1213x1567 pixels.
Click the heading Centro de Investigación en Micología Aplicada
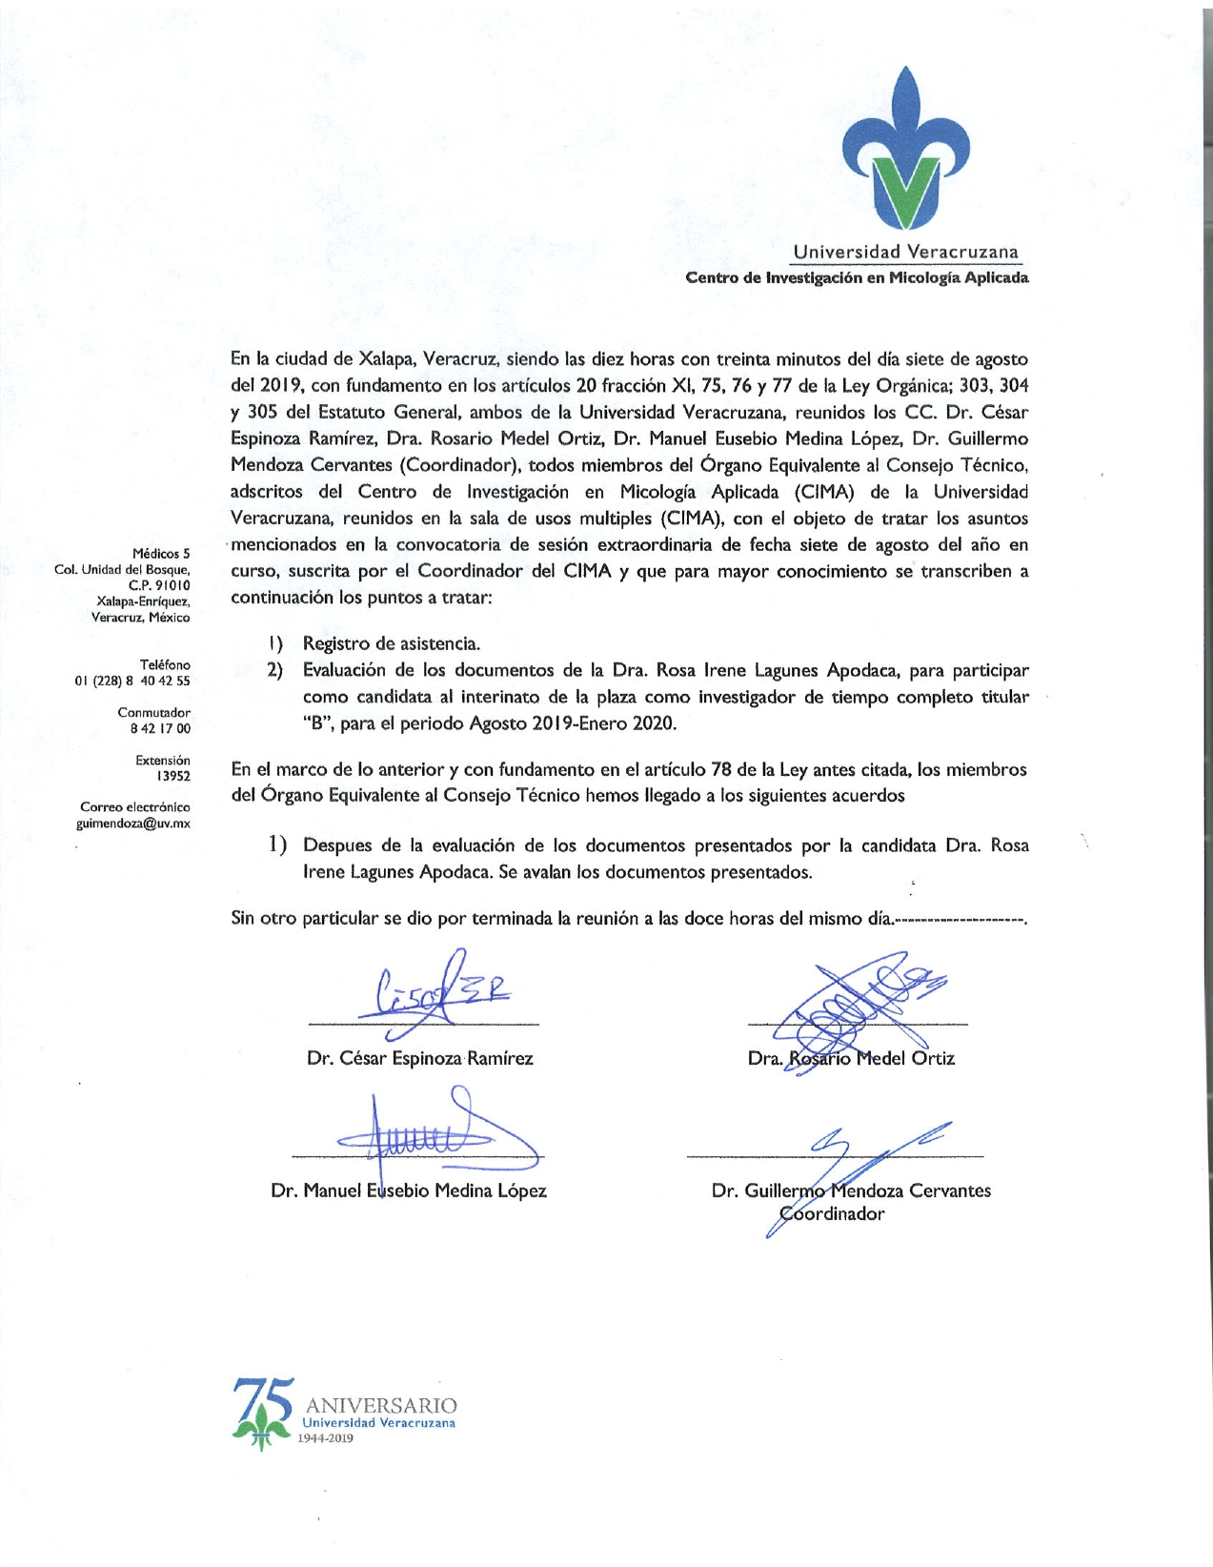[x=857, y=278]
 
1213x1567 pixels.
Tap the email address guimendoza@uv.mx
[x=133, y=824]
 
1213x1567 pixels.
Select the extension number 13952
[x=173, y=776]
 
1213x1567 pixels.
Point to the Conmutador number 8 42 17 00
[x=160, y=728]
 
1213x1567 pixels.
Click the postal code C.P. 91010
[x=159, y=585]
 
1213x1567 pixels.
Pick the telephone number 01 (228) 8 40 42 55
[x=132, y=681]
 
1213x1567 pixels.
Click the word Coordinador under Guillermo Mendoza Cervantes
[x=832, y=1214]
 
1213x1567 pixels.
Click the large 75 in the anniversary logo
[x=263, y=1400]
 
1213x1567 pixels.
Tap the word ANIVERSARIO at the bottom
[x=381, y=1405]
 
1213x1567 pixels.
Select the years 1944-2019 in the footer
[x=327, y=1438]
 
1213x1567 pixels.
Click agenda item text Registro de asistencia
[x=391, y=644]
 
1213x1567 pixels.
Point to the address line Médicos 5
[x=161, y=554]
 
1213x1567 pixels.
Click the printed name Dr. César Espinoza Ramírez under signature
[x=420, y=1059]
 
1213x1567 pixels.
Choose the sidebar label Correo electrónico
[x=134, y=807]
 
